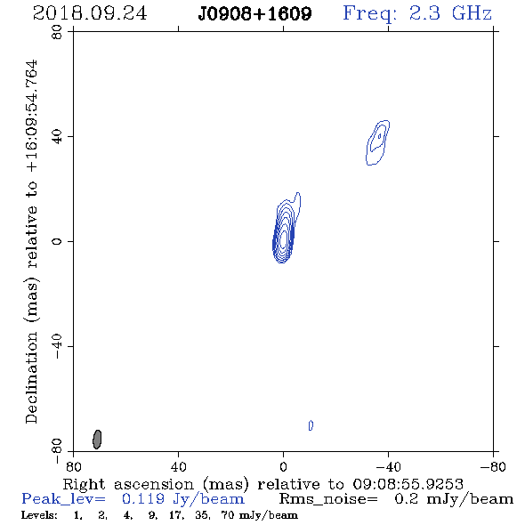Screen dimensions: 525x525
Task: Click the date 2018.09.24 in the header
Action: click(90, 13)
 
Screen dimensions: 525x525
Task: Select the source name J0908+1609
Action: click(254, 14)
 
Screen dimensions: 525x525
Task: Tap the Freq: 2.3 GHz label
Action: click(417, 13)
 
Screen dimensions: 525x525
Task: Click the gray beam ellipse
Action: click(97, 440)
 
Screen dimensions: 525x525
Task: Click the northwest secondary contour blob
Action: click(377, 142)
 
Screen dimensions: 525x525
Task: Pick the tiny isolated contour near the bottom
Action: click(311, 425)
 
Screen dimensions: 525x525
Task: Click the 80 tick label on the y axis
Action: click(57, 32)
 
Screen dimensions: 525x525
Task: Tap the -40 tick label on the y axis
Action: click(57, 346)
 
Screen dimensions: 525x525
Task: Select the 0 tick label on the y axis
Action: click(57, 241)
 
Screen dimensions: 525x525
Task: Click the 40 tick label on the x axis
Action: click(178, 467)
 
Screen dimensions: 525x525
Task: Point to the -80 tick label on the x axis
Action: click(493, 467)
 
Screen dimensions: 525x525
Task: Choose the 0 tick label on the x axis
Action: click(283, 467)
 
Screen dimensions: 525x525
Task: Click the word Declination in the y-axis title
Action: click(31, 378)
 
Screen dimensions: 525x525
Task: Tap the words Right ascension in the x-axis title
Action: click(128, 484)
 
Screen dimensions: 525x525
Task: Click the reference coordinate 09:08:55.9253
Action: click(408, 484)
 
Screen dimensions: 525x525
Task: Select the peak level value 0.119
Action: click(143, 499)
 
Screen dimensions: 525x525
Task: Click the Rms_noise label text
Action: click(328, 499)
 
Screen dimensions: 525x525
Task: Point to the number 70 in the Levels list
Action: click(228, 514)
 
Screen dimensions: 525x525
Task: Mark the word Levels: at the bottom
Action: click(39, 514)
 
